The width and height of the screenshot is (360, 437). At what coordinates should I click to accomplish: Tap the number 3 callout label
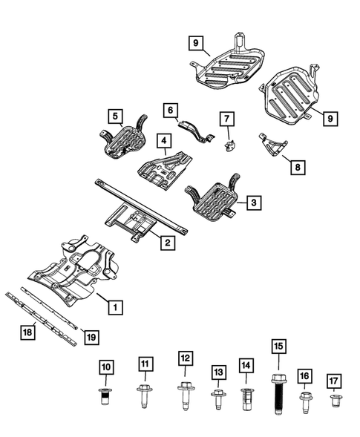[253, 202]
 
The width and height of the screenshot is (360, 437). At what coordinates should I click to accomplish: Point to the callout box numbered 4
[162, 139]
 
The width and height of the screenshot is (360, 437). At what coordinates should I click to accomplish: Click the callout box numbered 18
[27, 334]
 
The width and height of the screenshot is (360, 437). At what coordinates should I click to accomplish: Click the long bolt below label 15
[279, 395]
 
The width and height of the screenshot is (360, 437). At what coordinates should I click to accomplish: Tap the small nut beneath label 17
[333, 401]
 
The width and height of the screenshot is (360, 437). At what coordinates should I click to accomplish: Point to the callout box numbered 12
[184, 358]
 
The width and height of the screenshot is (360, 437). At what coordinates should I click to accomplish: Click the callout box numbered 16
[304, 376]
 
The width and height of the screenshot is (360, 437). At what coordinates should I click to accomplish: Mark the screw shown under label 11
[145, 394]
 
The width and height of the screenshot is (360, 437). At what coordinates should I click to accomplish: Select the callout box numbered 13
[217, 371]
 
